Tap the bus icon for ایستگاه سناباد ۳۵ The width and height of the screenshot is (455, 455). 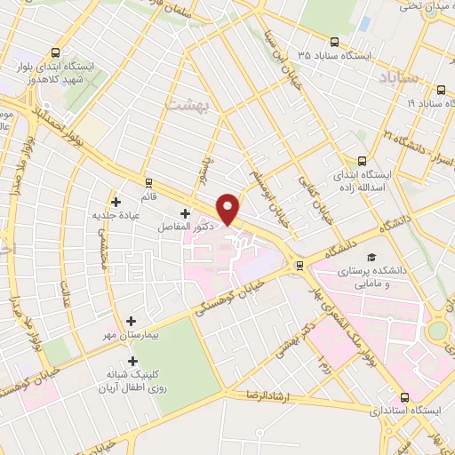click(x=334, y=41)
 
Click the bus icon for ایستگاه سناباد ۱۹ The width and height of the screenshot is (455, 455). click(x=442, y=89)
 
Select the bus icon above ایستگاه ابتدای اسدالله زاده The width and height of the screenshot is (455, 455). click(x=362, y=161)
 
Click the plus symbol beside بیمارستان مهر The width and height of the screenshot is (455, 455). click(x=132, y=321)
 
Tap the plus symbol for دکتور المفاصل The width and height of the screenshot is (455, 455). click(x=185, y=213)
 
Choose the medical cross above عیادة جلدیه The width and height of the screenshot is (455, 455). click(x=116, y=202)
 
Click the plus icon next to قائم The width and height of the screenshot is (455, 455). click(x=148, y=182)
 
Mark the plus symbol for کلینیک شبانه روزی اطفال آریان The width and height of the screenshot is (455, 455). click(x=133, y=362)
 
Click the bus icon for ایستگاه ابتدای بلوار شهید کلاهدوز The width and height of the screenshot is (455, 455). click(x=58, y=52)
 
